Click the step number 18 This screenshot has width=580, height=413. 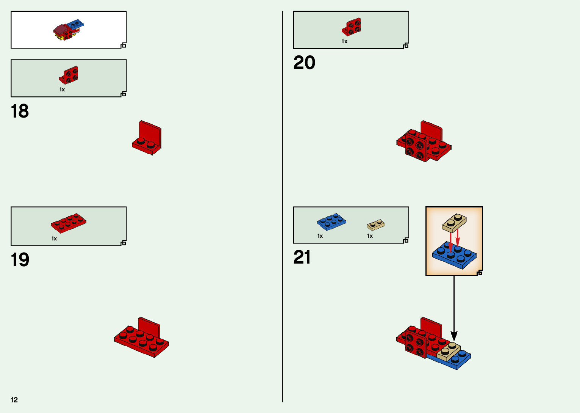(20, 111)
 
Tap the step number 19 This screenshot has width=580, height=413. (20, 260)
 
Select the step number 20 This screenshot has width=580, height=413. (304, 63)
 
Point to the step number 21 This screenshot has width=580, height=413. (302, 258)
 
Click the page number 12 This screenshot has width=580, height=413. (14, 400)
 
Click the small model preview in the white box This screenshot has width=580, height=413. (69, 30)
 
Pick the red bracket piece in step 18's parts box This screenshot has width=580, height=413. (69, 75)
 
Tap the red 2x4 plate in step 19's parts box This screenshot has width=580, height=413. (69, 223)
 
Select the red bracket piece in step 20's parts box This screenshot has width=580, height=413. (352, 27)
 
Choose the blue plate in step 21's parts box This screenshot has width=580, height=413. (331, 222)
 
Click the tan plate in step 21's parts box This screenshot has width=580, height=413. (376, 225)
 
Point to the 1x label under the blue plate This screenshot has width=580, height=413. (320, 236)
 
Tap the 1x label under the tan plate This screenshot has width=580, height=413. (370, 236)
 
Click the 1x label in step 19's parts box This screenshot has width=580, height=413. (54, 239)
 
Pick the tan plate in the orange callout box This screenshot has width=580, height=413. (454, 223)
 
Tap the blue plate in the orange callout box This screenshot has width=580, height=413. (455, 256)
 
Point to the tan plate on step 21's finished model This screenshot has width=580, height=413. (449, 352)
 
